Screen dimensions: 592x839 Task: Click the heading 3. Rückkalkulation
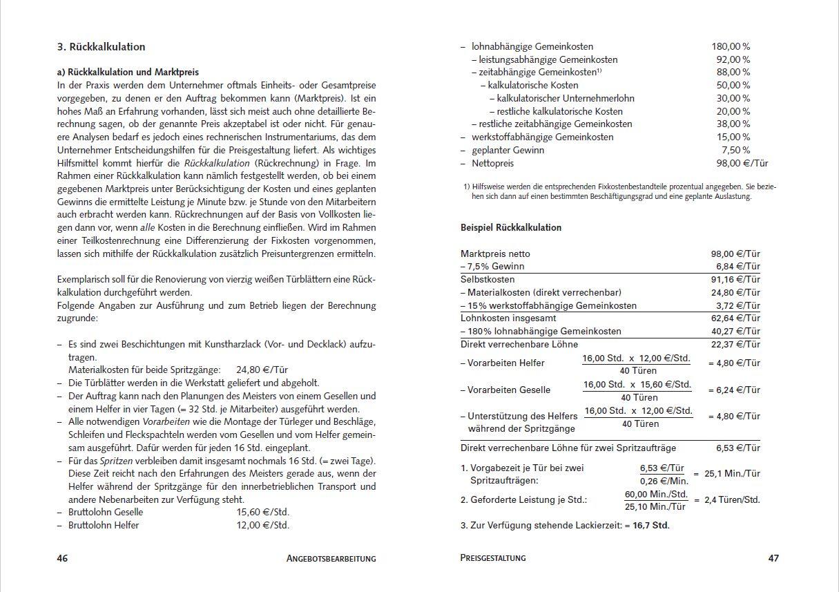click(x=101, y=47)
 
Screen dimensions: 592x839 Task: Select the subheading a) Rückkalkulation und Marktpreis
click(x=128, y=72)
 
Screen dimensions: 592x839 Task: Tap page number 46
click(x=62, y=558)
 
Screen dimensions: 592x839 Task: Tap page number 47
click(x=773, y=558)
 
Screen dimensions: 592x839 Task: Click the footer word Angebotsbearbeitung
click(x=331, y=558)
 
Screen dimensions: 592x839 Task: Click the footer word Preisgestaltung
click(x=492, y=557)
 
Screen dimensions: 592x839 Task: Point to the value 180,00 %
click(x=731, y=46)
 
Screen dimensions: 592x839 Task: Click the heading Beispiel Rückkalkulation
click(x=511, y=227)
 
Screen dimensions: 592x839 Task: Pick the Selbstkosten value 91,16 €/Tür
click(x=735, y=279)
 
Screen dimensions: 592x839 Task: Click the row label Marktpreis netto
click(x=495, y=254)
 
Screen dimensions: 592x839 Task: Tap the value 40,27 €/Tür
click(x=735, y=331)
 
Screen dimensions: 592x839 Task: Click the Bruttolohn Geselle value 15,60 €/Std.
click(x=262, y=512)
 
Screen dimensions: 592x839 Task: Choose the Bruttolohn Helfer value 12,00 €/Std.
click(x=262, y=525)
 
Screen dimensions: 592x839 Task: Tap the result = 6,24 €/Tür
click(x=734, y=390)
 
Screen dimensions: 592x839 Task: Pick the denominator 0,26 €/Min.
click(x=664, y=481)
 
